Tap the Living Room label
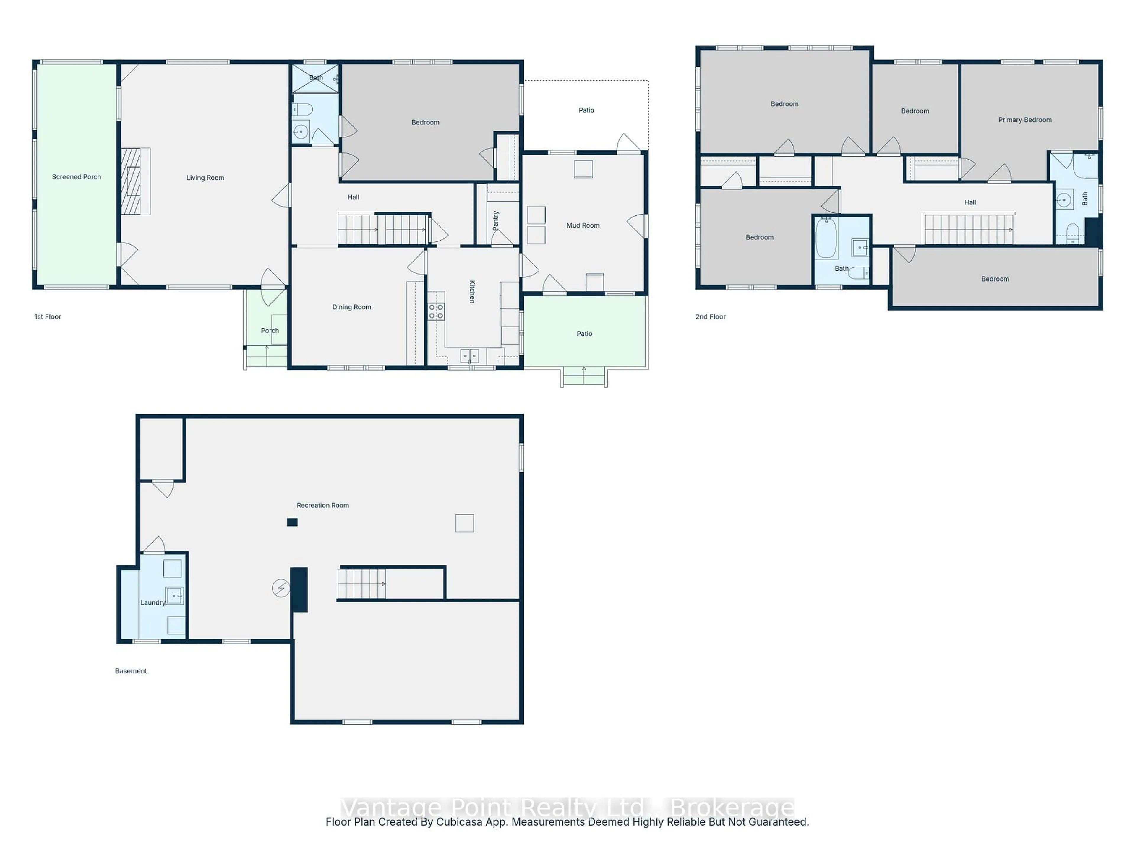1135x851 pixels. pos(205,178)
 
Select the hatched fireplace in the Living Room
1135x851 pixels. pos(131,181)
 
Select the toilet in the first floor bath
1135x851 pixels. pos(303,109)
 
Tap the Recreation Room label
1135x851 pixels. pos(323,505)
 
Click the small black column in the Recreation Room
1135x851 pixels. pos(292,522)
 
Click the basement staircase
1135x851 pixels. pos(362,584)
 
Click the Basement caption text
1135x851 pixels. pos(131,671)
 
